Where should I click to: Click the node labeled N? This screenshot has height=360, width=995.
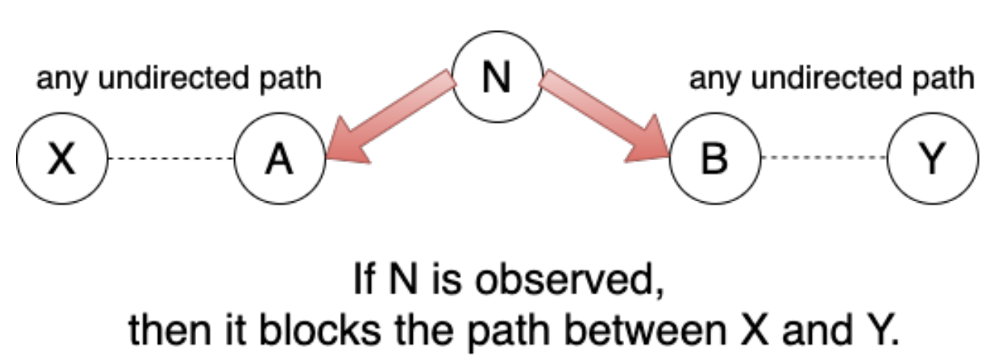click(x=497, y=79)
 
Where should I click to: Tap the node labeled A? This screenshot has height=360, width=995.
click(x=280, y=159)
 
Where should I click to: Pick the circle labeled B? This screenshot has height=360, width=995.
click(x=714, y=159)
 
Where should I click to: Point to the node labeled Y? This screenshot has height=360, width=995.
click(x=933, y=159)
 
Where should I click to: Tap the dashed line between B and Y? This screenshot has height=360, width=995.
click(x=824, y=159)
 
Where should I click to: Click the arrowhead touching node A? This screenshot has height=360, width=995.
click(x=347, y=145)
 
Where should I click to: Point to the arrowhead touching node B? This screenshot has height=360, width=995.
click(x=649, y=145)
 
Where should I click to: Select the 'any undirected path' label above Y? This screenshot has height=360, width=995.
click(x=832, y=79)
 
